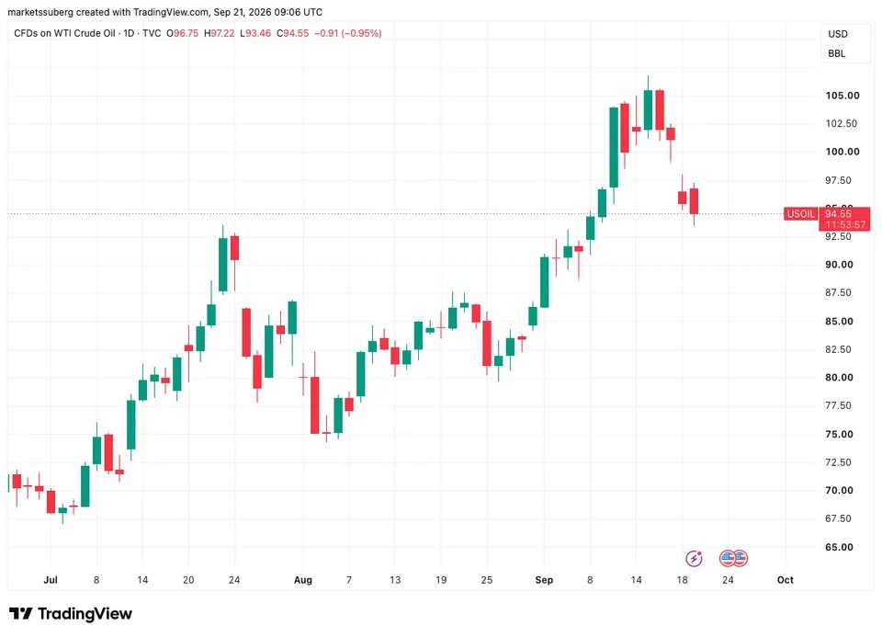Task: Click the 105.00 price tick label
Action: coord(842,96)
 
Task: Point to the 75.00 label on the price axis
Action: coord(839,435)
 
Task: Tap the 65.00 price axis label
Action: coord(839,547)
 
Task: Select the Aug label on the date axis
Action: coord(302,580)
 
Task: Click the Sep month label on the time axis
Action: coord(544,580)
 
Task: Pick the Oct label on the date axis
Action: coord(786,580)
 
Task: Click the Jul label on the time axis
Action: coord(51,580)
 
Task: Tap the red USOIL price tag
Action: coord(800,214)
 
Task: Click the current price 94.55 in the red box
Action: coord(838,214)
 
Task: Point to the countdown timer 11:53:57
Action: coord(845,224)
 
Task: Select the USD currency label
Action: coord(838,34)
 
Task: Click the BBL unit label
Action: coord(836,54)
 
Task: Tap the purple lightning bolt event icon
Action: coord(695,558)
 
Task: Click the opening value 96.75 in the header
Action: coord(186,33)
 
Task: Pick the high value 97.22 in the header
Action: coord(222,33)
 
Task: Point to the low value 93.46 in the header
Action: coord(258,33)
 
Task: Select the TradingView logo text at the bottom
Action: coord(85,613)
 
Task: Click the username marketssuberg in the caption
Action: coord(40,12)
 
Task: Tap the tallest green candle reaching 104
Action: coord(614,147)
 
